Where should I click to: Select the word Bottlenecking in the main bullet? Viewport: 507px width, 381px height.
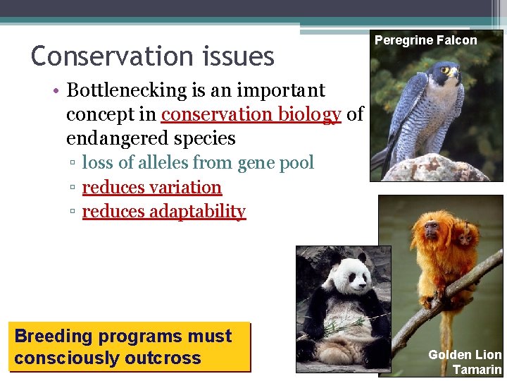click(x=127, y=90)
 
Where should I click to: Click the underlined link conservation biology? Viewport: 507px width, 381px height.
click(x=251, y=114)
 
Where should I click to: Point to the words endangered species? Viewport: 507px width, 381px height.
click(x=151, y=137)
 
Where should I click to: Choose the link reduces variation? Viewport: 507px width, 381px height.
click(x=152, y=188)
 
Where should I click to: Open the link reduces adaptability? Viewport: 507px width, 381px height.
click(x=164, y=212)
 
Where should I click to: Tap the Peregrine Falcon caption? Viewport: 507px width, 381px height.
click(x=425, y=40)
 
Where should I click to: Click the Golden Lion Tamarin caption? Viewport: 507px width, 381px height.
click(x=465, y=362)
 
